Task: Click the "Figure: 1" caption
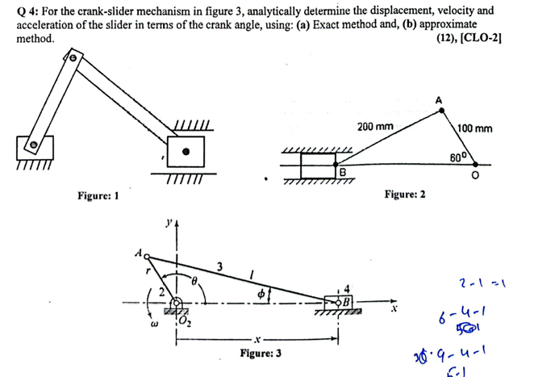click(98, 195)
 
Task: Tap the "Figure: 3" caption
click(260, 354)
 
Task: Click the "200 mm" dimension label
click(375, 127)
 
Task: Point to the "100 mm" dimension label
click(475, 128)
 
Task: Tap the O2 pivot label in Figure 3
click(183, 316)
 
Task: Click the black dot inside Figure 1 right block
click(186, 151)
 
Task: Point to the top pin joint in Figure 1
click(73, 58)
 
